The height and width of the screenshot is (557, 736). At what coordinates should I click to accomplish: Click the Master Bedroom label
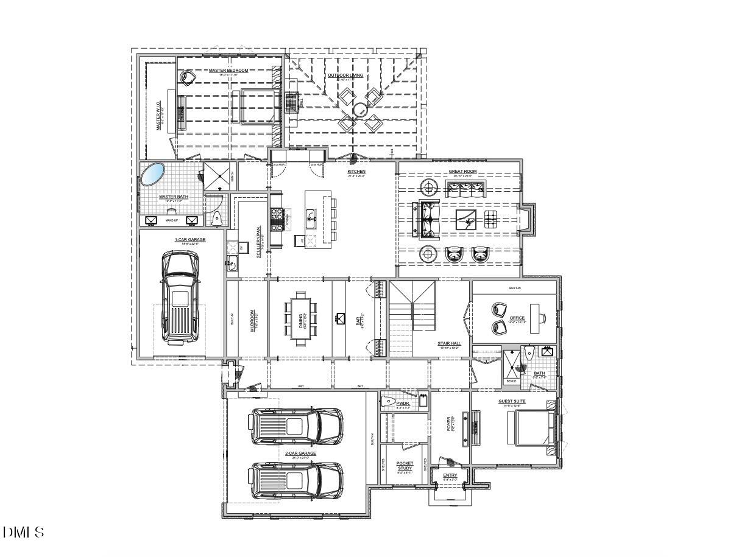coord(228,71)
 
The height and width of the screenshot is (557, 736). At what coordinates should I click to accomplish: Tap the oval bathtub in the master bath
coord(152,174)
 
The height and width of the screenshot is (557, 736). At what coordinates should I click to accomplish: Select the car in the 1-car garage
coord(179,298)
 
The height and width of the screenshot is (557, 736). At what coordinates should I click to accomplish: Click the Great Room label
coord(462,172)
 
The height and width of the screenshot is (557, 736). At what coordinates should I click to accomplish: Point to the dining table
coord(301,319)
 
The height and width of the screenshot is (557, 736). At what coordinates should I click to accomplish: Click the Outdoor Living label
coord(345,75)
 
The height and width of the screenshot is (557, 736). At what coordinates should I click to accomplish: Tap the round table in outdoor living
coord(359,110)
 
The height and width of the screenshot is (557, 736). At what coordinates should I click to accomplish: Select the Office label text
coord(517,318)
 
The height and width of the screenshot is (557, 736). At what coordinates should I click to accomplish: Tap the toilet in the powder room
coord(388,401)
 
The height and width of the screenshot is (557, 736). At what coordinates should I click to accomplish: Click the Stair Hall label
coord(449,343)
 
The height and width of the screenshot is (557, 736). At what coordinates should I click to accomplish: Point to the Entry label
coord(450,475)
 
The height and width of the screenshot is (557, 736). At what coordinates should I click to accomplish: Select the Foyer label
coord(450,424)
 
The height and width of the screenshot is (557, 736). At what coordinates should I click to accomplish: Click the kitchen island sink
coord(310,215)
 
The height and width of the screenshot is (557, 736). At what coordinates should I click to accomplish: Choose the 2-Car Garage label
coord(300,453)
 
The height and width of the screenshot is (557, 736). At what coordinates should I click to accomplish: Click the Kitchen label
coord(356,172)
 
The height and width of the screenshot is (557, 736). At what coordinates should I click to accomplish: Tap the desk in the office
coord(536,318)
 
